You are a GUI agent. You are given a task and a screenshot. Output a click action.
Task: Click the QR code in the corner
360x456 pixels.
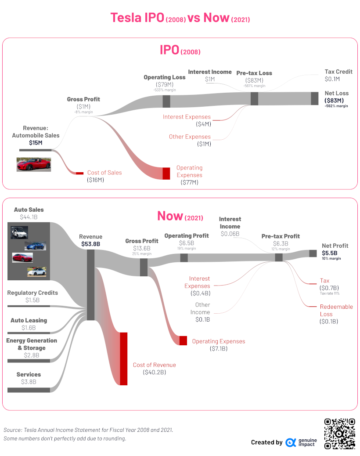[x=339, y=434]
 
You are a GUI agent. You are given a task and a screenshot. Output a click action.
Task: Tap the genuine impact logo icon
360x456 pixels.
[x=290, y=442]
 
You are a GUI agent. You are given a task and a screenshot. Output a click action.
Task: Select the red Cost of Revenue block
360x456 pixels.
[x=123, y=358]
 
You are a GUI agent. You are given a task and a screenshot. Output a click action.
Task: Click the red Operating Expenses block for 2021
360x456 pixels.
[x=183, y=340]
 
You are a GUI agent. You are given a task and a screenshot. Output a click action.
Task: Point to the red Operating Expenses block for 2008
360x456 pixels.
[x=166, y=173]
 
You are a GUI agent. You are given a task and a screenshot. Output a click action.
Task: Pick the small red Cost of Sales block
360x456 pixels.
[x=79, y=173]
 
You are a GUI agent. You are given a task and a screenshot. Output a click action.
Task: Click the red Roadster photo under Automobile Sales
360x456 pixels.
[x=34, y=164]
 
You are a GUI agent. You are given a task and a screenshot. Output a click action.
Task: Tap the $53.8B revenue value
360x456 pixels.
[x=90, y=244]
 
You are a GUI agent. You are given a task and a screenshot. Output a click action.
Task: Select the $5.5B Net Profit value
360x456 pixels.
[x=329, y=253]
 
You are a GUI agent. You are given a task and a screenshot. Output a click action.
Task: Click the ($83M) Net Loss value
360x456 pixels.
[x=334, y=100]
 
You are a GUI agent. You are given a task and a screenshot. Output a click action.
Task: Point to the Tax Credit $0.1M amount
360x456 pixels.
[x=332, y=79]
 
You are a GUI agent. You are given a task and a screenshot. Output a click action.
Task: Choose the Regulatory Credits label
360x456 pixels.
[x=32, y=293]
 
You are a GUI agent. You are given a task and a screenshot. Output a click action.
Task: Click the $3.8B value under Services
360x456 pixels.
[x=29, y=382]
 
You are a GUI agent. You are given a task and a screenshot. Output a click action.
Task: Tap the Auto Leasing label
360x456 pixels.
[x=29, y=320]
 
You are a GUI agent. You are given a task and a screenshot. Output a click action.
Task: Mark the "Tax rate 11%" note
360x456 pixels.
[x=329, y=293]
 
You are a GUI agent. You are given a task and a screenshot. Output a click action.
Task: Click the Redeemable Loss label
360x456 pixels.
[x=336, y=310]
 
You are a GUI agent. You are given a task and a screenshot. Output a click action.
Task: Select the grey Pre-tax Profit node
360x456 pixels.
[x=278, y=257]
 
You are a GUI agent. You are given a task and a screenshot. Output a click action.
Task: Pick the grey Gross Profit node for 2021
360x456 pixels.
[x=144, y=267]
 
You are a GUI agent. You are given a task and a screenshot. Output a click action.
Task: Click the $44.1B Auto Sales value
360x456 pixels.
[x=29, y=217]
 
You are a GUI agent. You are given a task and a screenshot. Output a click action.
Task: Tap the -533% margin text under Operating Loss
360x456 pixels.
[x=164, y=90]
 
